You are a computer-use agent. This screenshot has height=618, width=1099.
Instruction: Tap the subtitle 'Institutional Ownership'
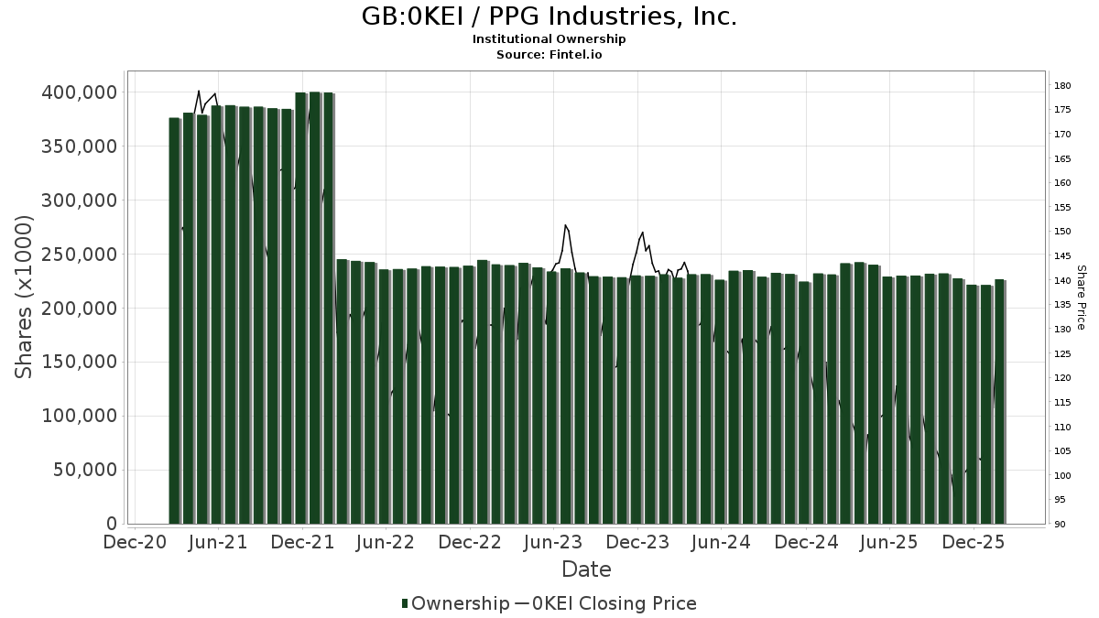549,39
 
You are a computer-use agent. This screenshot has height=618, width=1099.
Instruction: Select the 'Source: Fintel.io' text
549,55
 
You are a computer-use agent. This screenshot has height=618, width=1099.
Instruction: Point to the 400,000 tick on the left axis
80,92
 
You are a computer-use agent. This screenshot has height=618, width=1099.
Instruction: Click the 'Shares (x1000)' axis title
25,297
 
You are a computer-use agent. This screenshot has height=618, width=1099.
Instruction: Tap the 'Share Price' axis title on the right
1081,298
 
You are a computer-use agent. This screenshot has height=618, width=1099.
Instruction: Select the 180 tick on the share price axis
1062,86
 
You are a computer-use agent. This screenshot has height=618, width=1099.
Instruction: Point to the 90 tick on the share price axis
1060,525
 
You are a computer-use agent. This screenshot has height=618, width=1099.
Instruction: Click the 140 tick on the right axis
1062,281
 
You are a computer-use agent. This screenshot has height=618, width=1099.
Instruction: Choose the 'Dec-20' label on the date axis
135,542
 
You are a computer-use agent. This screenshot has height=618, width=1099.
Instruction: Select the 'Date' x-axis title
586,569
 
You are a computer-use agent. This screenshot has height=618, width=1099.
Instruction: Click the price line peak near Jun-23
566,225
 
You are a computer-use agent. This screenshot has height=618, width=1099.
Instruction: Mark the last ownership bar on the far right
999,402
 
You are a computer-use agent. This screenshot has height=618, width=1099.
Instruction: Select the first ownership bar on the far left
174,320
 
